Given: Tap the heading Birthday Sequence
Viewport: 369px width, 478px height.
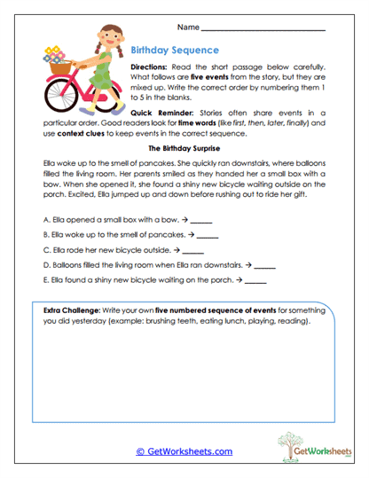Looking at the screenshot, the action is tap(174, 51).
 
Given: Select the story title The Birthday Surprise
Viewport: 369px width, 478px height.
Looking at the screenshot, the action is tap(184, 149).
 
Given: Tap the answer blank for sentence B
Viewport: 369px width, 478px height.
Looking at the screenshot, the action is tap(207, 236).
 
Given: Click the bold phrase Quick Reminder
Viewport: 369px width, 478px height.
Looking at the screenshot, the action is tap(162, 114).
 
